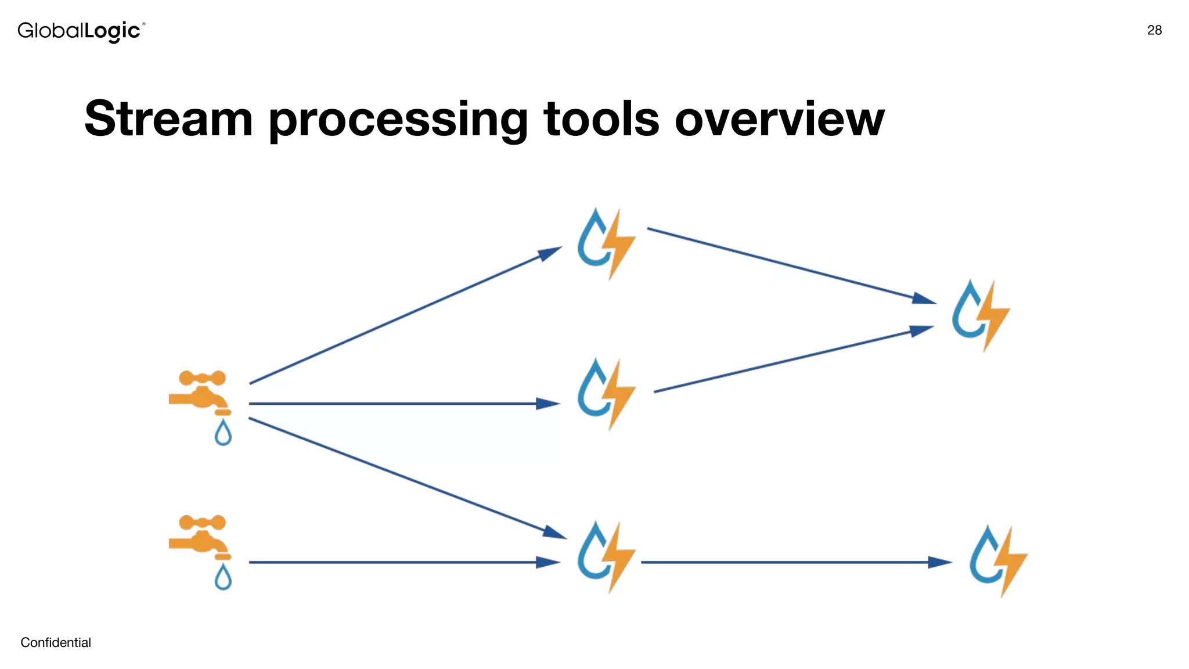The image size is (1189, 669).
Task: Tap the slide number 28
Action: click(1154, 30)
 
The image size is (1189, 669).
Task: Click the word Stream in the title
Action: click(168, 119)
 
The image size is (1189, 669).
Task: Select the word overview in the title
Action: click(779, 119)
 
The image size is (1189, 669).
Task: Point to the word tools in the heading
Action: click(601, 119)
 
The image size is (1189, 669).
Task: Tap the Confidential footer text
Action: click(56, 642)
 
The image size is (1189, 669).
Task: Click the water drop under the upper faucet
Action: click(223, 433)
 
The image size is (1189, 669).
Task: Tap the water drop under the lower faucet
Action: click(223, 577)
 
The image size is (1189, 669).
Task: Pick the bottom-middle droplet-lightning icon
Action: click(606, 556)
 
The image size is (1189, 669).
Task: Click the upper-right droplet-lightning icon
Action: click(981, 315)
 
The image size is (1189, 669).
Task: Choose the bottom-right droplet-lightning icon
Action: click(998, 560)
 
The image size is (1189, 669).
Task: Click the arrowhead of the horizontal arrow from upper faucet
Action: click(548, 404)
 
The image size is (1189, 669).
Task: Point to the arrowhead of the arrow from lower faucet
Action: click(548, 562)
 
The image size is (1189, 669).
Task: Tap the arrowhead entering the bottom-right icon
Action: click(939, 562)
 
